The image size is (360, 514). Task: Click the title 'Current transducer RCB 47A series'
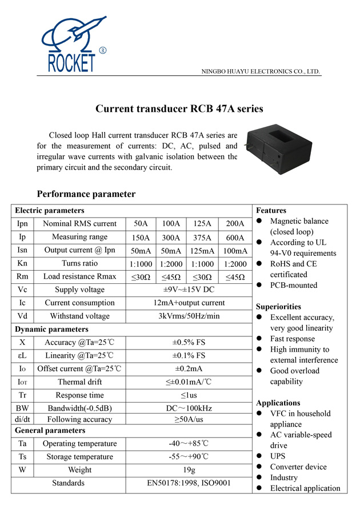pos(179,109)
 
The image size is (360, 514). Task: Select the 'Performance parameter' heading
pos(86,194)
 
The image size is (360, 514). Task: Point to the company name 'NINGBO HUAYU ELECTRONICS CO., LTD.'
pos(261,72)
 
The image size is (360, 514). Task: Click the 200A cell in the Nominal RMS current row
pos(235,224)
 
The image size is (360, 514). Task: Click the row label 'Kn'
pos(22,264)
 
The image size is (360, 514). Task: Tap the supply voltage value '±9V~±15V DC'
pos(189,290)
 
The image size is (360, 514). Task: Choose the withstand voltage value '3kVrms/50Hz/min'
pos(189,316)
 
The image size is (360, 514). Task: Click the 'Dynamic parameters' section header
pos(51,330)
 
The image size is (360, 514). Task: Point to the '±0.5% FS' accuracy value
pos(189,343)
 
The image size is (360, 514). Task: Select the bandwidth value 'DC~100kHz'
pos(189,408)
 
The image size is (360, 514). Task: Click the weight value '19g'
pos(189,470)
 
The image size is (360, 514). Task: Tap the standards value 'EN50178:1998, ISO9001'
pos(189,483)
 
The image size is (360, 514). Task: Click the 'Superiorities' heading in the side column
pos(278,307)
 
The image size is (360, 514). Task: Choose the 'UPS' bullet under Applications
pos(278,456)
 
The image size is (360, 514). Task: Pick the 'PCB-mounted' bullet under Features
pos(294,285)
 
